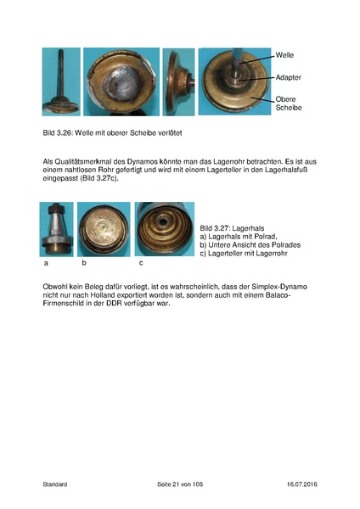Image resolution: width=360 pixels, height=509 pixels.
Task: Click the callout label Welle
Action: pyautogui.click(x=285, y=55)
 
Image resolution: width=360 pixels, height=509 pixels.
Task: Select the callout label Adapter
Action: pyautogui.click(x=288, y=77)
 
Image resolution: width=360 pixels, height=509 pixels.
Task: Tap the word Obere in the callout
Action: pyautogui.click(x=286, y=98)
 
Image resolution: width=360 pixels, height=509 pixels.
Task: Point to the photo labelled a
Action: pyautogui.click(x=56, y=229)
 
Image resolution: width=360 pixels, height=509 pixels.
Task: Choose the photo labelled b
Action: pyautogui.click(x=104, y=229)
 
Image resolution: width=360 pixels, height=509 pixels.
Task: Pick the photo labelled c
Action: pyautogui.click(x=164, y=229)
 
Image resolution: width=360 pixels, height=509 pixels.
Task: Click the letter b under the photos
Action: pyautogui.click(x=84, y=264)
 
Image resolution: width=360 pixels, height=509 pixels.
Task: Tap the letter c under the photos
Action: pyautogui.click(x=140, y=264)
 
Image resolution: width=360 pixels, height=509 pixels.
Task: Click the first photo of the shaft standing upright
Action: pyautogui.click(x=61, y=81)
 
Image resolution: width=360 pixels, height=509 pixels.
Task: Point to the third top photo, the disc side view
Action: pyautogui.click(x=177, y=81)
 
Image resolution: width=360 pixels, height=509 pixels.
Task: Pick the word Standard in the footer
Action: pyautogui.click(x=55, y=484)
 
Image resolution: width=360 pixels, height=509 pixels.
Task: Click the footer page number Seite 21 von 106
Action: pyautogui.click(x=180, y=484)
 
